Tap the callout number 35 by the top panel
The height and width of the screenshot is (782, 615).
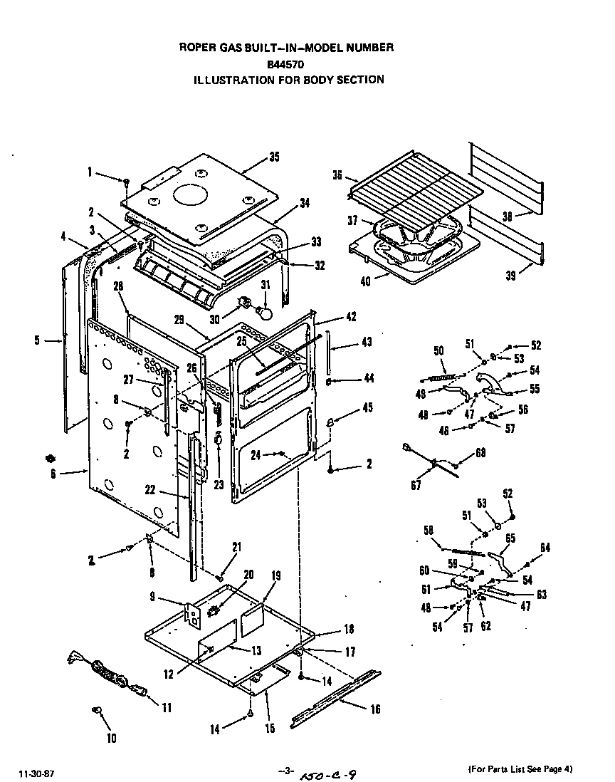point(274,157)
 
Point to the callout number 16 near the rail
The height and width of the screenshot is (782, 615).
point(375,709)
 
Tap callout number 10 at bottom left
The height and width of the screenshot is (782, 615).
point(111,738)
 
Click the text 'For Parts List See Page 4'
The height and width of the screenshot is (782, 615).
point(520,769)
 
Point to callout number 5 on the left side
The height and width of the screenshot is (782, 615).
point(37,340)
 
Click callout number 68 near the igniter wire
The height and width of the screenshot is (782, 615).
point(481,453)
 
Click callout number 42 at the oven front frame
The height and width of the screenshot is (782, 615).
point(351,317)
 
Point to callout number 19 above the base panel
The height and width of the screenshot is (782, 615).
point(275,575)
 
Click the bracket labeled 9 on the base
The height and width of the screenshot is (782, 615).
point(192,614)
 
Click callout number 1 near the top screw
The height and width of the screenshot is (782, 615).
point(90,172)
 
